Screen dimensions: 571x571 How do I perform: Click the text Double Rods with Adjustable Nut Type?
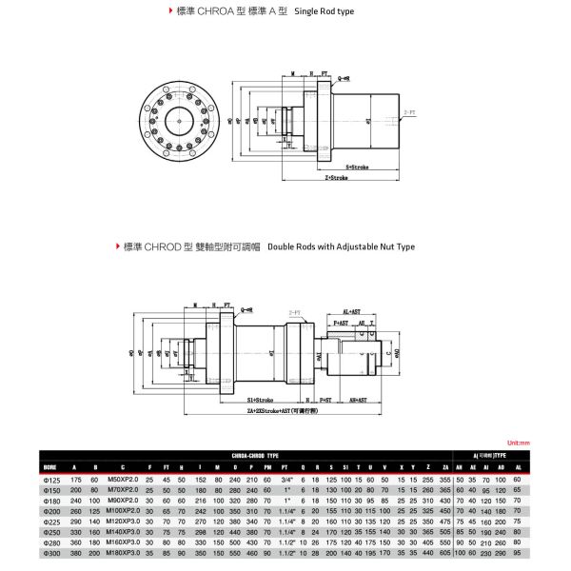[342, 246]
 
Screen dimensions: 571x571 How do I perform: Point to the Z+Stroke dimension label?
[340, 178]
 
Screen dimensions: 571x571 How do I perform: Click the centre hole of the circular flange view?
[181, 120]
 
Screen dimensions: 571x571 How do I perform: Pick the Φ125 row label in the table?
[51, 480]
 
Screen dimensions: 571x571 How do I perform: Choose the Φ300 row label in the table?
[51, 552]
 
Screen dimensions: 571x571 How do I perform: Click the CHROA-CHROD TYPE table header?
[254, 456]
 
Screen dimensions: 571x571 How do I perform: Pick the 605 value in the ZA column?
[445, 552]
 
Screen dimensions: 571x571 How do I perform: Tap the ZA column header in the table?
[445, 467]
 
